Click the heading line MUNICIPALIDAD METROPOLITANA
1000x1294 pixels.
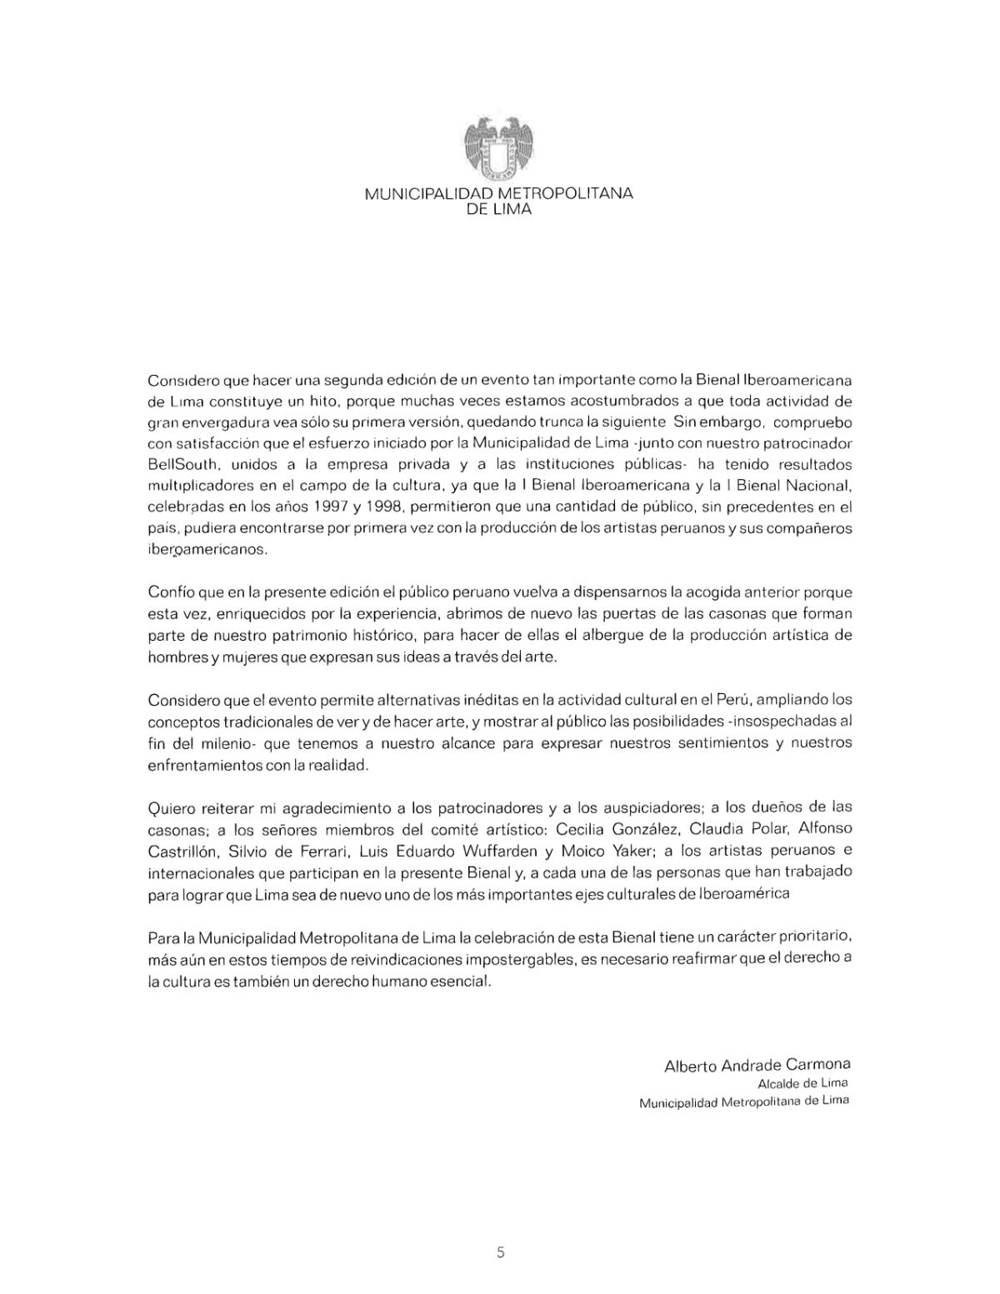pos(498,193)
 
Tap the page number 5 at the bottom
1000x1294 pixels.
pos(500,1252)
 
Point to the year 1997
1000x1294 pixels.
pos(331,507)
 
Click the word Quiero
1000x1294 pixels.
pos(172,808)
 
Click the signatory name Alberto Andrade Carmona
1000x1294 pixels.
pos(757,1066)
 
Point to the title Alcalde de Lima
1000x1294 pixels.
pos(802,1084)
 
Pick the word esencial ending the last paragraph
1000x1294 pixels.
pos(463,982)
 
